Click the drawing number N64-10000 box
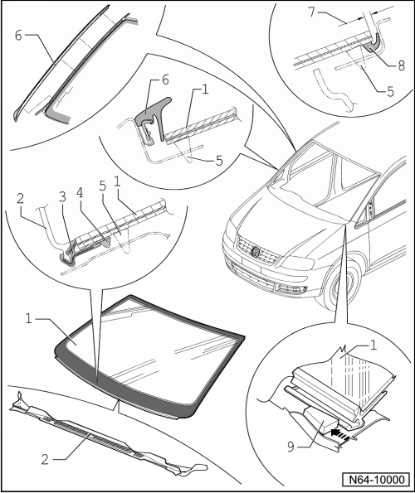coord(376,480)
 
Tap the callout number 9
coord(291,446)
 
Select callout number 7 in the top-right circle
coord(311,12)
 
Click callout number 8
coord(401,65)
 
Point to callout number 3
coord(62,197)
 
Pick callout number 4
coord(80,192)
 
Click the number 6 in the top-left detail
coord(18,36)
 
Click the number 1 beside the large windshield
coord(29,319)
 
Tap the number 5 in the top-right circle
coord(390,91)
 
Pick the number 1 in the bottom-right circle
coord(373,346)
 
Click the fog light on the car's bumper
coord(295,289)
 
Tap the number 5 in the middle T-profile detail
coord(219,161)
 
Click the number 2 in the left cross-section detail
coord(20,198)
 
